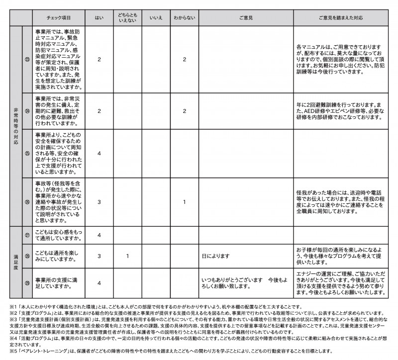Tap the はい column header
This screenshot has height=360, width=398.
pyautogui.click(x=99, y=17)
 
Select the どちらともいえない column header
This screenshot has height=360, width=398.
pyautogui.click(x=128, y=17)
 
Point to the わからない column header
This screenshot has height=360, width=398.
pyautogui.click(x=185, y=17)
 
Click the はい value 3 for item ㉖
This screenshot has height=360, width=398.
pyautogui.click(x=99, y=202)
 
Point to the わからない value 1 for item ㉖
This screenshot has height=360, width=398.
pyautogui.click(x=185, y=202)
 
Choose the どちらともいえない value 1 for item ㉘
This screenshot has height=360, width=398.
pyautogui.click(x=128, y=257)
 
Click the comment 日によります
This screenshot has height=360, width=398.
pyautogui.click(x=215, y=257)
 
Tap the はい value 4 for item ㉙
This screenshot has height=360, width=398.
pyautogui.click(x=99, y=283)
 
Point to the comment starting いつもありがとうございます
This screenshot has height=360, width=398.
pyautogui.click(x=245, y=283)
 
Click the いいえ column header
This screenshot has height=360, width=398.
pyautogui.click(x=156, y=17)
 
